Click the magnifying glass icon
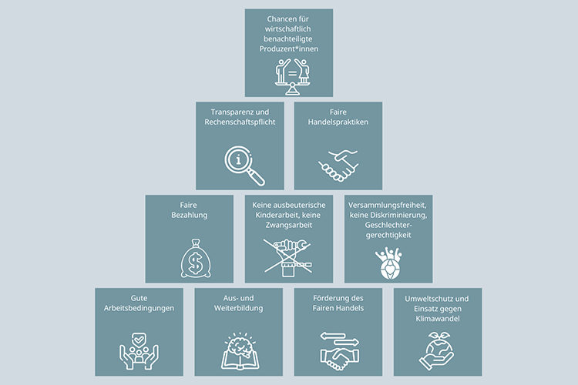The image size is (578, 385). click(244, 165)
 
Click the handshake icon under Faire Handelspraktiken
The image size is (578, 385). click(338, 165)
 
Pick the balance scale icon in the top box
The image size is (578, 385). click(289, 75)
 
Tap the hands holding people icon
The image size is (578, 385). click(139, 350)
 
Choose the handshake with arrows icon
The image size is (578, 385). click(338, 350)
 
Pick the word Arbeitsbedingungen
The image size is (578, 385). click(139, 308)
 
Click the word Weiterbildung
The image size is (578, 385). click(239, 308)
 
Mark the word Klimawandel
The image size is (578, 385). click(437, 318)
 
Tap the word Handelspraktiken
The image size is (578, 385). click(338, 123)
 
